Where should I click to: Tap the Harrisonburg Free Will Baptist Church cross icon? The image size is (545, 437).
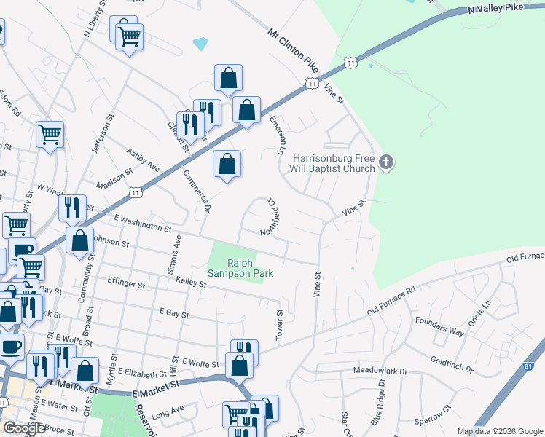pyautogui.click(x=387, y=163)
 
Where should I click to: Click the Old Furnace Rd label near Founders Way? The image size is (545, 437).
pyautogui.click(x=391, y=300)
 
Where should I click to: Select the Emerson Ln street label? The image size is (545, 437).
pyautogui.click(x=276, y=135)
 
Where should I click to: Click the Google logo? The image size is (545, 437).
pyautogui.click(x=24, y=428)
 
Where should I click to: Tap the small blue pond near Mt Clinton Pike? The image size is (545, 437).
pyautogui.click(x=200, y=44)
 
